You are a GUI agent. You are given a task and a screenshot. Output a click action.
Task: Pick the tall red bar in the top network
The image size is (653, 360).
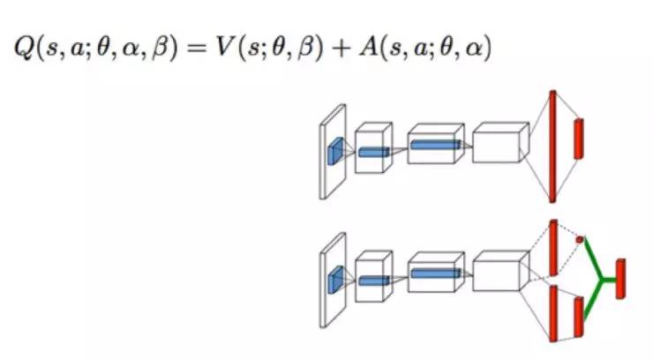pyautogui.click(x=552, y=146)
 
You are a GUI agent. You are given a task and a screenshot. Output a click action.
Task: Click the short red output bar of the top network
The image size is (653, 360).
pyautogui.click(x=579, y=139)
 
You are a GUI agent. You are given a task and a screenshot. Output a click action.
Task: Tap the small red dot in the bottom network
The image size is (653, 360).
pyautogui.click(x=580, y=239)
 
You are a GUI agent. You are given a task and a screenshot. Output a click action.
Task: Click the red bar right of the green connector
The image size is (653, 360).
pyautogui.click(x=621, y=278)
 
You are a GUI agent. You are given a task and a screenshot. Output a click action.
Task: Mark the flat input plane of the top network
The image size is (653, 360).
pyautogui.click(x=333, y=152)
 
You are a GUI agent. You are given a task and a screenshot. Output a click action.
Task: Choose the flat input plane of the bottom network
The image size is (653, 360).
pyautogui.click(x=333, y=282)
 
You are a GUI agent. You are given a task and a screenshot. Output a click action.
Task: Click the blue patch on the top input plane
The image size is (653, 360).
pyautogui.click(x=335, y=151)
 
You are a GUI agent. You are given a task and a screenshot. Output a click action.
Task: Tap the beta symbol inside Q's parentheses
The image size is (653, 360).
pyautogui.click(x=155, y=49)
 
